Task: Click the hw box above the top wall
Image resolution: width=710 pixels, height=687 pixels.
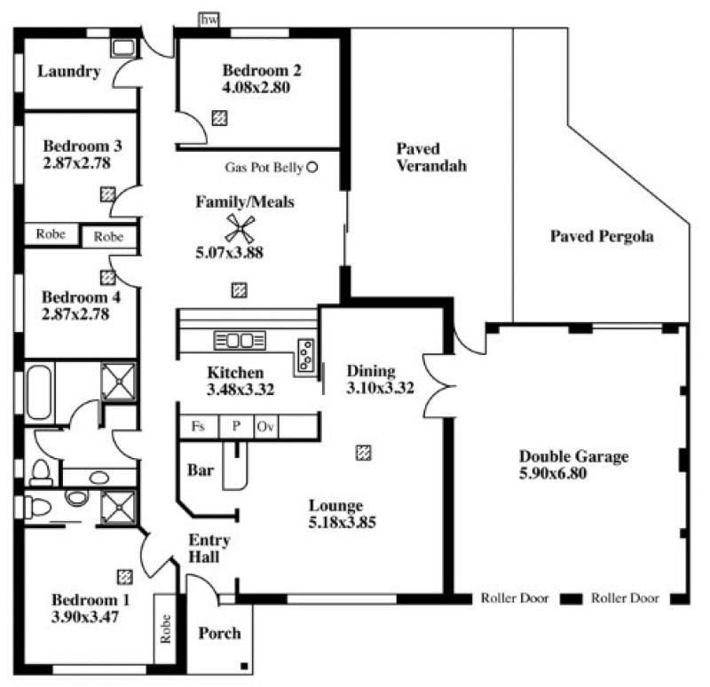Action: click(209, 20)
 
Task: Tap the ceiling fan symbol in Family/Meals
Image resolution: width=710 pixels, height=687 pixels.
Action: click(240, 228)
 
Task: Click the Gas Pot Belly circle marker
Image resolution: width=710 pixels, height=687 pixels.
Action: click(312, 167)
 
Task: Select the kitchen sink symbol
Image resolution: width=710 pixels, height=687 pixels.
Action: click(240, 341)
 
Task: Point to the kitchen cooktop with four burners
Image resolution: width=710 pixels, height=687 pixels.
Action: click(305, 354)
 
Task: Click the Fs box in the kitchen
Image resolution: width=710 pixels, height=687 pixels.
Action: click(199, 427)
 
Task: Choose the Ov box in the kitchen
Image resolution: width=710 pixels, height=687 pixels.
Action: click(266, 427)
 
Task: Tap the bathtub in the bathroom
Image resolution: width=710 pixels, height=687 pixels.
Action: click(39, 392)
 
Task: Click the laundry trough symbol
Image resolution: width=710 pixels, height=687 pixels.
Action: click(123, 48)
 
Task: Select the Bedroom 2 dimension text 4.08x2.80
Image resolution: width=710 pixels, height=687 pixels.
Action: click(256, 87)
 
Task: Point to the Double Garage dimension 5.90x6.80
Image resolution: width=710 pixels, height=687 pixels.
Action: click(553, 473)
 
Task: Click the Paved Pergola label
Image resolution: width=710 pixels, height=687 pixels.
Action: click(602, 236)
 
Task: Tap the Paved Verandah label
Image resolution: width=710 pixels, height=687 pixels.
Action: click(431, 157)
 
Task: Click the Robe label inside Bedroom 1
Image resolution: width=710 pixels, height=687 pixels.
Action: click(166, 628)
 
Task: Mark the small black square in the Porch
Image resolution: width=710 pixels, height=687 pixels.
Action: click(244, 666)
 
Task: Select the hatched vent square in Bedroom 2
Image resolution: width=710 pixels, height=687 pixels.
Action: click(219, 118)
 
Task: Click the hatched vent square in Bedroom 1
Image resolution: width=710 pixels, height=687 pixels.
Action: click(125, 577)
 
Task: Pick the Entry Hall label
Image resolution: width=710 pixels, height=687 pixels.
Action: click(209, 548)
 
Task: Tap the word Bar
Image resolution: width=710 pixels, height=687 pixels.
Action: click(201, 470)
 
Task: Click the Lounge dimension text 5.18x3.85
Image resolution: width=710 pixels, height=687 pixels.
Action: click(343, 522)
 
